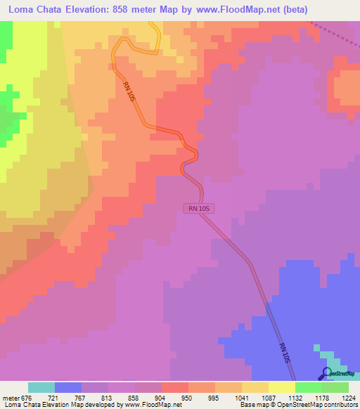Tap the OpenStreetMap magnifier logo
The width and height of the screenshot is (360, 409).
pyautogui.click(x=327, y=373)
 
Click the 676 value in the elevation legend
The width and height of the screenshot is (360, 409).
pyautogui.click(x=27, y=397)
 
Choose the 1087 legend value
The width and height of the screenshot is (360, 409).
pyautogui.click(x=268, y=397)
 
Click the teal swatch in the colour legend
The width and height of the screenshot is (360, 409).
pyautogui.click(x=41, y=387)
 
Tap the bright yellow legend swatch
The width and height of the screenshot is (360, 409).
pyautogui.click(x=282, y=387)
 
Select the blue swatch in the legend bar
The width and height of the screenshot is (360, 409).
pyautogui.click(x=68, y=387)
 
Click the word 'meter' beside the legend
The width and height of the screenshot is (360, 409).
pyautogui.click(x=11, y=397)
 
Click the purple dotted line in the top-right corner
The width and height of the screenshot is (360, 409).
pyautogui.click(x=334, y=35)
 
